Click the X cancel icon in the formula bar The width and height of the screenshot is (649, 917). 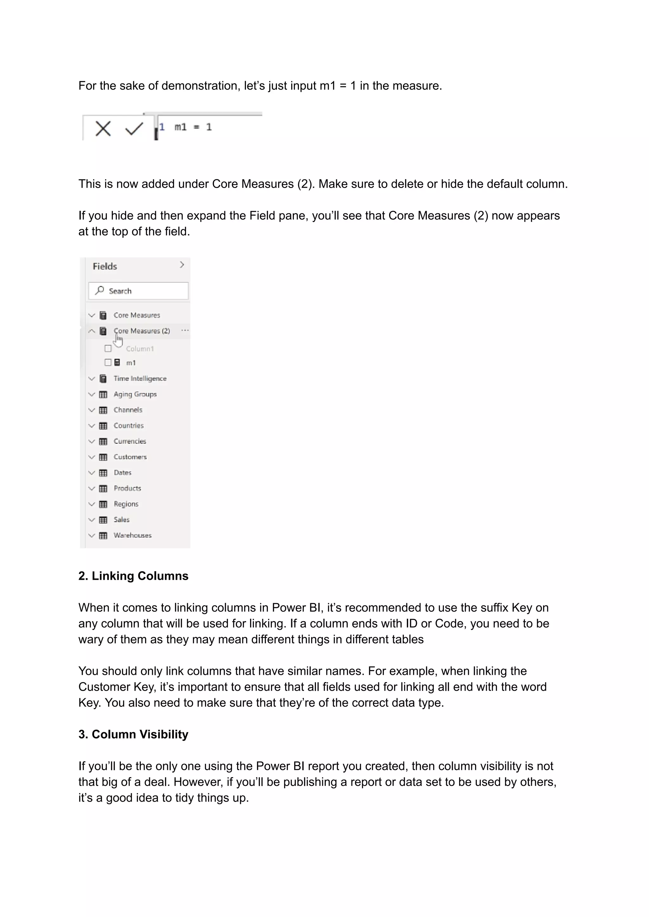103,129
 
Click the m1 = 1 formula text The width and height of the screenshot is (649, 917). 193,127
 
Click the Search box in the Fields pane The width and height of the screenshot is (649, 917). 138,291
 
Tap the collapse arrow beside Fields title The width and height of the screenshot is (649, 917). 182,265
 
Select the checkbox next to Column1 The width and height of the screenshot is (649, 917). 108,349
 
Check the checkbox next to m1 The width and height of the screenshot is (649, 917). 108,363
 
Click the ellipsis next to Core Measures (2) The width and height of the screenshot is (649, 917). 185,331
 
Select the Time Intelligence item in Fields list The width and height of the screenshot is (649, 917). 140,378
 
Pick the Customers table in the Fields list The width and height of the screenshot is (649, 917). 130,457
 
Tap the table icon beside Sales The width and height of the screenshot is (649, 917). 103,520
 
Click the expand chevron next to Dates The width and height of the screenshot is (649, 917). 92,473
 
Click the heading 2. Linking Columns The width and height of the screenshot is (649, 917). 133,576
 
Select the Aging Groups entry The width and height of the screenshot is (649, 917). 135,394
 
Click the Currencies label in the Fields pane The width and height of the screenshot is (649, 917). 130,441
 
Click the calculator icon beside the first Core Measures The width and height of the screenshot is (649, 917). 103,315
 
